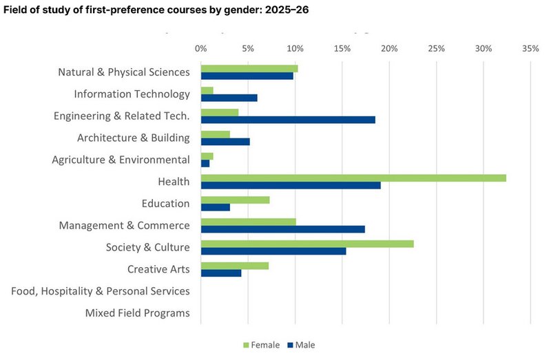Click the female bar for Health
pyautogui.click(x=353, y=178)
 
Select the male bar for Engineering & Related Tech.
pyautogui.click(x=288, y=120)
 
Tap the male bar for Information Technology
pyautogui.click(x=229, y=98)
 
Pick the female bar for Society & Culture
pyautogui.click(x=307, y=243)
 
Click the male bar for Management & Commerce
pyautogui.click(x=282, y=229)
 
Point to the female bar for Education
pyautogui.click(x=235, y=200)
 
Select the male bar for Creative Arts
pyautogui.click(x=221, y=273)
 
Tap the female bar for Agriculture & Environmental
pyautogui.click(x=207, y=156)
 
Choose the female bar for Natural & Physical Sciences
pyautogui.click(x=249, y=69)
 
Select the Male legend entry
pyautogui.click(x=304, y=345)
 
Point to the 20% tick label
pyautogui.click(x=389, y=49)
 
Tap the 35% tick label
pyautogui.click(x=530, y=49)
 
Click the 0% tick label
pyautogui.click(x=200, y=49)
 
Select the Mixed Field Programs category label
pyautogui.click(x=137, y=313)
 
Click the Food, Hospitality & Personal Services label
pyautogui.click(x=101, y=291)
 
